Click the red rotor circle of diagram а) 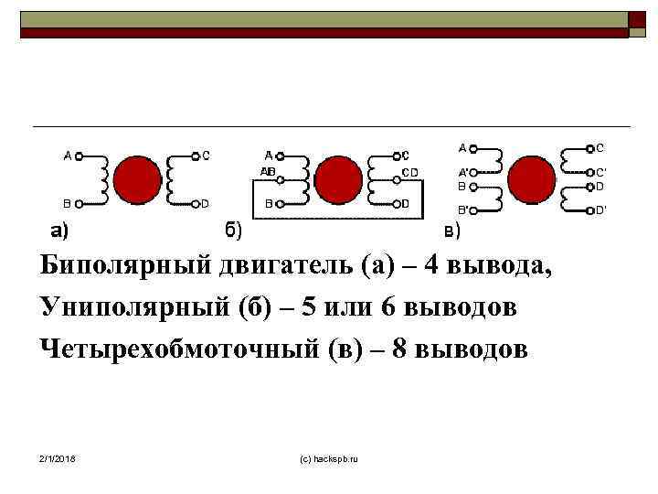coord(137,178)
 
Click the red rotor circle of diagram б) coord(337,178)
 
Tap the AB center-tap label coord(269,171)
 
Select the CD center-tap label coord(410,171)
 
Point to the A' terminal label coord(463,172)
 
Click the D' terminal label coord(600,210)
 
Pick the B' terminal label coord(463,209)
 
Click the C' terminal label coord(600,172)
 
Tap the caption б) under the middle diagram coord(233,229)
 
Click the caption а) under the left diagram coord(58,229)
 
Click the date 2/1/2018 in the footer coord(58,456)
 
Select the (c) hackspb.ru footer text coord(329,456)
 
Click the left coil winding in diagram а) coord(102,178)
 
